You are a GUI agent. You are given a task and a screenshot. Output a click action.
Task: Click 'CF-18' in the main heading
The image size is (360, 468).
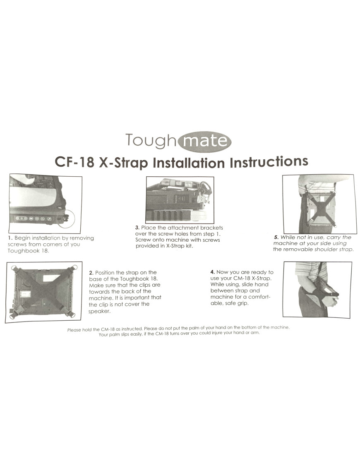click(x=74, y=162)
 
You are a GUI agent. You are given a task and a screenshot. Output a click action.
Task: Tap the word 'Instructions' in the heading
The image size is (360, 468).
click(x=269, y=161)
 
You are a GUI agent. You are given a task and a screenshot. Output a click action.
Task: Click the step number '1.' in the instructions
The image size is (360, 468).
click(x=10, y=238)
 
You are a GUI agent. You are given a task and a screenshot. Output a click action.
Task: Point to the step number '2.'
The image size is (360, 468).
click(x=91, y=273)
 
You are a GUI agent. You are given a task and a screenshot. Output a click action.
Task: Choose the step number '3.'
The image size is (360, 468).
click(x=137, y=228)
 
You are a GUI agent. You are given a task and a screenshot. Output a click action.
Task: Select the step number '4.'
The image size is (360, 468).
click(x=213, y=272)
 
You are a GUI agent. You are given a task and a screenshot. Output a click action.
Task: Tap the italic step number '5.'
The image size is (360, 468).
click(x=276, y=238)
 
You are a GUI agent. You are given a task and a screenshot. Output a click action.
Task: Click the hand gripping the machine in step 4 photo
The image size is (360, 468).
click(x=331, y=299)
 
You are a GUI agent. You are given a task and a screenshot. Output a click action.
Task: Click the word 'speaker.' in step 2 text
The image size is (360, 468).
click(x=99, y=311)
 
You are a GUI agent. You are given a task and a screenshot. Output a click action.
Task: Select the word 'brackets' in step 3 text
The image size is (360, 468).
click(x=211, y=228)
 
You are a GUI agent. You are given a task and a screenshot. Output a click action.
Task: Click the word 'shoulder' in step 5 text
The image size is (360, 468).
click(x=325, y=250)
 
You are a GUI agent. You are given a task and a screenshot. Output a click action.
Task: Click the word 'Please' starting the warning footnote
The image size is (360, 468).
click(x=74, y=330)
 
